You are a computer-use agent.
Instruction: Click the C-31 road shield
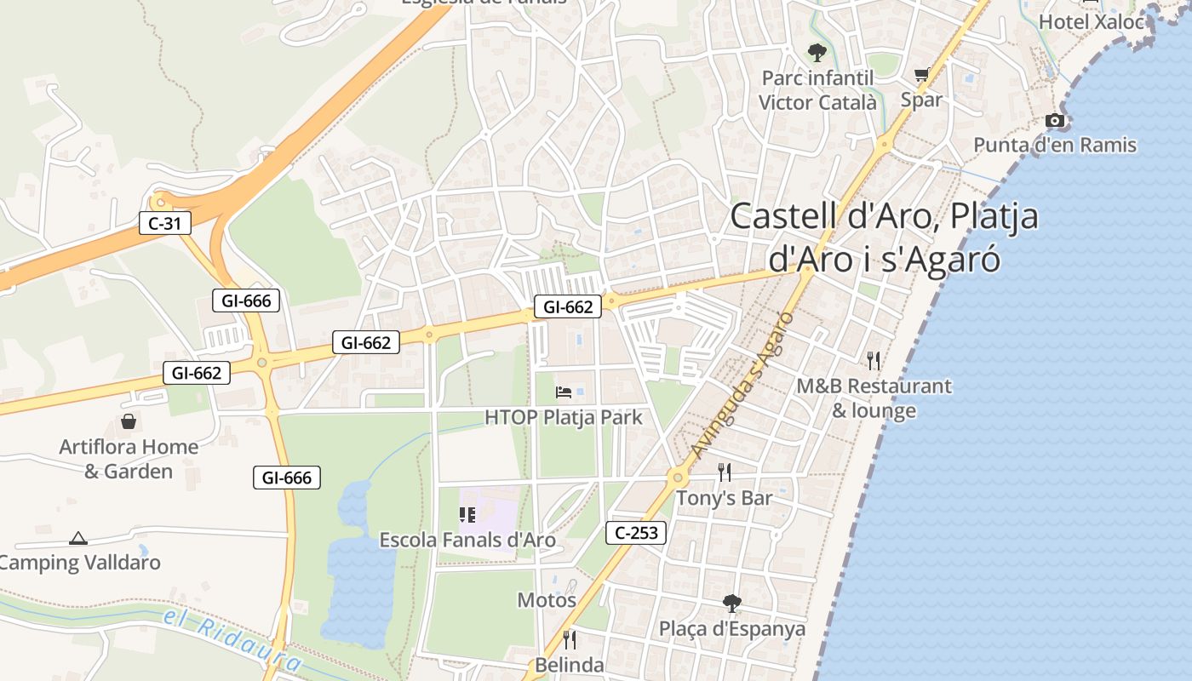tap(165, 224)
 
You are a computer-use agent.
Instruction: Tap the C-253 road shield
tap(636, 533)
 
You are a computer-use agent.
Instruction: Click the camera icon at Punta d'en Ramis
tap(1055, 121)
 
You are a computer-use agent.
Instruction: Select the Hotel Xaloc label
tap(1092, 22)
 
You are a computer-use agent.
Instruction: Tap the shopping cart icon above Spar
tap(921, 76)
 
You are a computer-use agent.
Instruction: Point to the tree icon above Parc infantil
tap(817, 53)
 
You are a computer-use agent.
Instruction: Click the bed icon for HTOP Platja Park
tap(564, 392)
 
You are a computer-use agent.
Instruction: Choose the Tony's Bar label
tap(724, 498)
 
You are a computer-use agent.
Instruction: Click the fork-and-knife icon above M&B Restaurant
tap(874, 361)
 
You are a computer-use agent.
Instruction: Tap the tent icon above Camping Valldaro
tap(78, 538)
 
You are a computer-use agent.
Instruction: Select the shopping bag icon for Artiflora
tap(129, 421)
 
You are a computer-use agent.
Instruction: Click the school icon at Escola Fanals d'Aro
tap(467, 515)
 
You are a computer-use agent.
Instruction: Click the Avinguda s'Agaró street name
tap(742, 385)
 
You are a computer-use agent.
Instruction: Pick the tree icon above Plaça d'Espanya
tap(731, 604)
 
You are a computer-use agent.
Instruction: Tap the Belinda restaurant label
tap(570, 665)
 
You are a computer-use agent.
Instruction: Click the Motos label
tap(547, 600)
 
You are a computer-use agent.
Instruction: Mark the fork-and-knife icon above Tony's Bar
tap(725, 472)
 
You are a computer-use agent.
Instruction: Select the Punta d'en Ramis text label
tap(1055, 145)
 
